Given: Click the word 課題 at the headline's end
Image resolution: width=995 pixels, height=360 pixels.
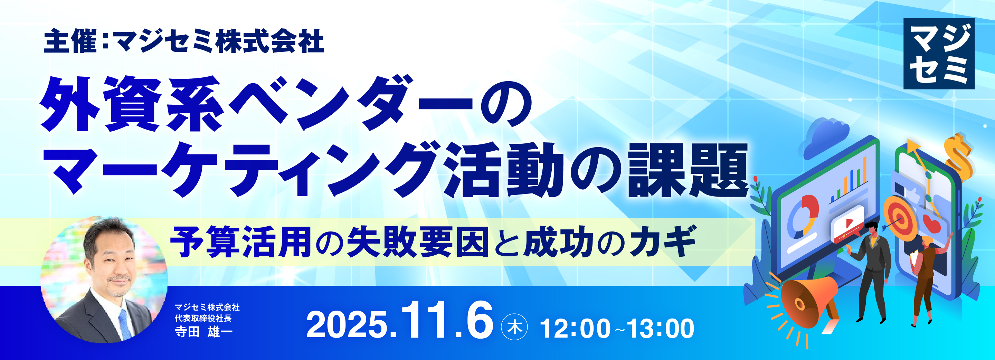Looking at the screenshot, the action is point(688,170).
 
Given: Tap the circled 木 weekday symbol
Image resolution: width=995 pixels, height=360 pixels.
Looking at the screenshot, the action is point(514,327).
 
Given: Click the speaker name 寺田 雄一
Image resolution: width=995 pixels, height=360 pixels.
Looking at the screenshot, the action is point(203,331).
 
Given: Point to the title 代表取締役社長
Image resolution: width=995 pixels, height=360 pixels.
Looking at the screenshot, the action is point(203,318).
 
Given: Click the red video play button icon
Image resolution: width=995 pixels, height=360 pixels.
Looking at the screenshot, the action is point(847,224).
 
